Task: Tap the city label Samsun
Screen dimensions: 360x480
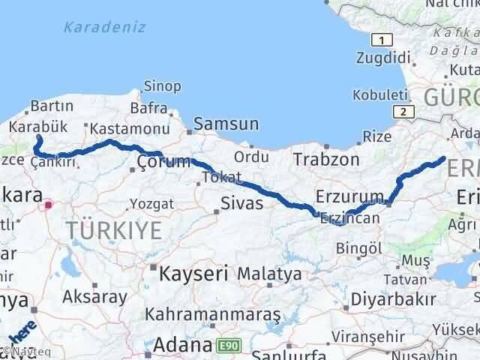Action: pyautogui.click(x=226, y=124)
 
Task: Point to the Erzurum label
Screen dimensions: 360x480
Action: pyautogui.click(x=349, y=196)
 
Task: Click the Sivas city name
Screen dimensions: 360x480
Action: pyautogui.click(x=241, y=203)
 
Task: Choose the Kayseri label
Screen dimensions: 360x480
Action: pyautogui.click(x=193, y=274)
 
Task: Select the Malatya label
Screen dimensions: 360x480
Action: pyautogui.click(x=269, y=273)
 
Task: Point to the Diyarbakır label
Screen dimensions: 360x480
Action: pyautogui.click(x=397, y=300)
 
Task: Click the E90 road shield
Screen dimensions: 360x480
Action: pyautogui.click(x=226, y=346)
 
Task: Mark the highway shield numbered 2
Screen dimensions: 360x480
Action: pyautogui.click(x=405, y=112)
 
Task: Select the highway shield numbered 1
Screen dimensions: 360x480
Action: pyautogui.click(x=382, y=40)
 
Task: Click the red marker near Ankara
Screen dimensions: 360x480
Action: pyautogui.click(x=49, y=203)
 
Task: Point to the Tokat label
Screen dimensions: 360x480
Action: pyautogui.click(x=223, y=178)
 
